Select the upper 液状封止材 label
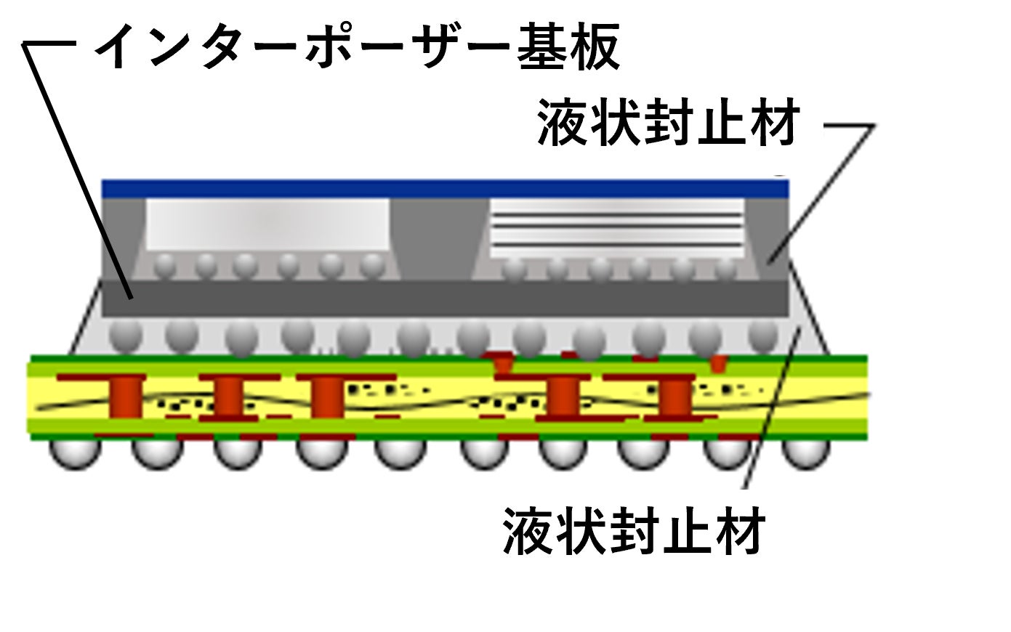[x=668, y=124]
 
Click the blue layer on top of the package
[x=445, y=189]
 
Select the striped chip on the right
[x=617, y=227]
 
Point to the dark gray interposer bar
[x=445, y=298]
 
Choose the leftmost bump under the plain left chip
[x=165, y=264]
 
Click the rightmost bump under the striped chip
[x=726, y=268]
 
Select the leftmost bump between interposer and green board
[x=125, y=335]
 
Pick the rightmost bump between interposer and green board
[x=763, y=333]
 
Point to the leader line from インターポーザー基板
[x=80, y=174]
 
